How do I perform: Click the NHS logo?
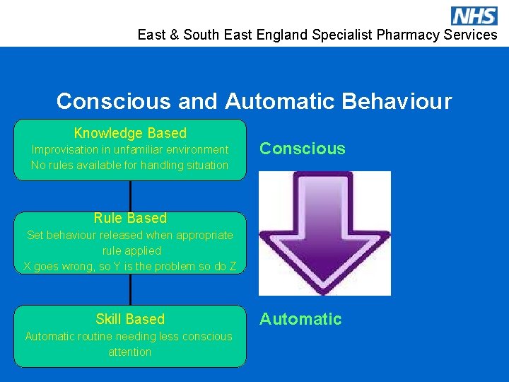[474, 16]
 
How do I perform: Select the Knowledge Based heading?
[130, 133]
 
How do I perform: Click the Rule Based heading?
[130, 218]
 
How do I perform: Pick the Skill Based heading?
[130, 319]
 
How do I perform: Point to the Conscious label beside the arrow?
[303, 149]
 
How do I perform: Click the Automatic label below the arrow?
[300, 319]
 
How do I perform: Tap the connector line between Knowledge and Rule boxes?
[130, 196]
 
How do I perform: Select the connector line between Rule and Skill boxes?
[130, 289]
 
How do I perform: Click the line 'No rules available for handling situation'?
[130, 165]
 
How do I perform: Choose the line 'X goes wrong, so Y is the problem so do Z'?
[130, 266]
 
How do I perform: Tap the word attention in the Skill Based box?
[130, 352]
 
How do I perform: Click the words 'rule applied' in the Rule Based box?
[131, 250]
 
